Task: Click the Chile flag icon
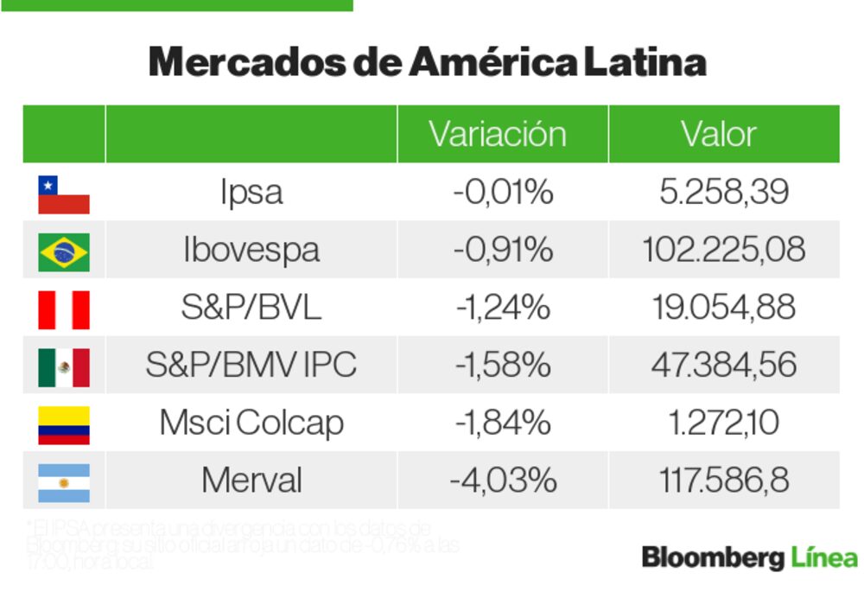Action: click(x=64, y=194)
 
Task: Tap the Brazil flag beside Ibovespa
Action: click(x=64, y=252)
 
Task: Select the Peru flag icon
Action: click(x=64, y=309)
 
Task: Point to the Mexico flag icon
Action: click(x=64, y=366)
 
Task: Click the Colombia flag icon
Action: click(x=64, y=424)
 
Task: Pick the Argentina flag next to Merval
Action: click(x=64, y=482)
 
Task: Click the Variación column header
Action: click(x=498, y=134)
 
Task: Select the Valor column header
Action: click(x=719, y=134)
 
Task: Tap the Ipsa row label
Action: click(x=251, y=192)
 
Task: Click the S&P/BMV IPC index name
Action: click(x=251, y=365)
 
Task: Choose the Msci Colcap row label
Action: click(x=251, y=423)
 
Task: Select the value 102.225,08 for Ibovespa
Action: click(x=724, y=250)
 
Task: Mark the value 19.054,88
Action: click(x=724, y=308)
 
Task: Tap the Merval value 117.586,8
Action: click(x=724, y=481)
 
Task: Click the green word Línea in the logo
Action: click(x=824, y=558)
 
